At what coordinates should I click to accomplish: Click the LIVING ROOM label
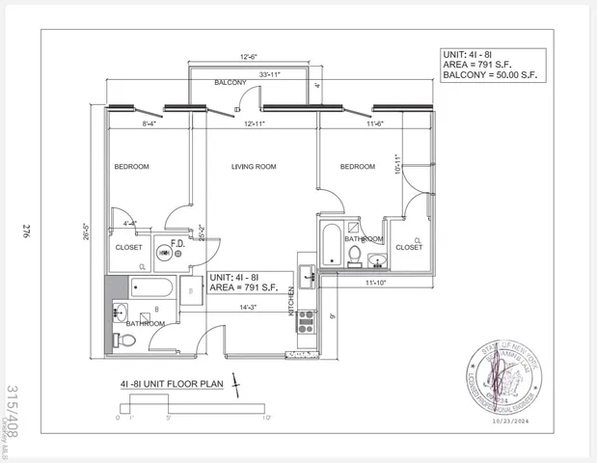(x=254, y=167)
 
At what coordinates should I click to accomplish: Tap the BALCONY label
(x=231, y=83)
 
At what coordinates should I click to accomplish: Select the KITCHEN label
(x=290, y=302)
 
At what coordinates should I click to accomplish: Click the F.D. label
(x=178, y=244)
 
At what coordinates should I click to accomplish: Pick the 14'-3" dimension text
(x=249, y=307)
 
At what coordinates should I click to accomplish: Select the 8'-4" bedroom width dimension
(x=150, y=123)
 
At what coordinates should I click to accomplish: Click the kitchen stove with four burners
(x=307, y=321)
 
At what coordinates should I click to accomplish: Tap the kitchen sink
(x=309, y=276)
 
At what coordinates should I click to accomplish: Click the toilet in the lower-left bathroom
(x=118, y=339)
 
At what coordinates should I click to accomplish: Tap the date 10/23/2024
(x=511, y=422)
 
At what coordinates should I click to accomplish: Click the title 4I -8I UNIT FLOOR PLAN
(x=172, y=383)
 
